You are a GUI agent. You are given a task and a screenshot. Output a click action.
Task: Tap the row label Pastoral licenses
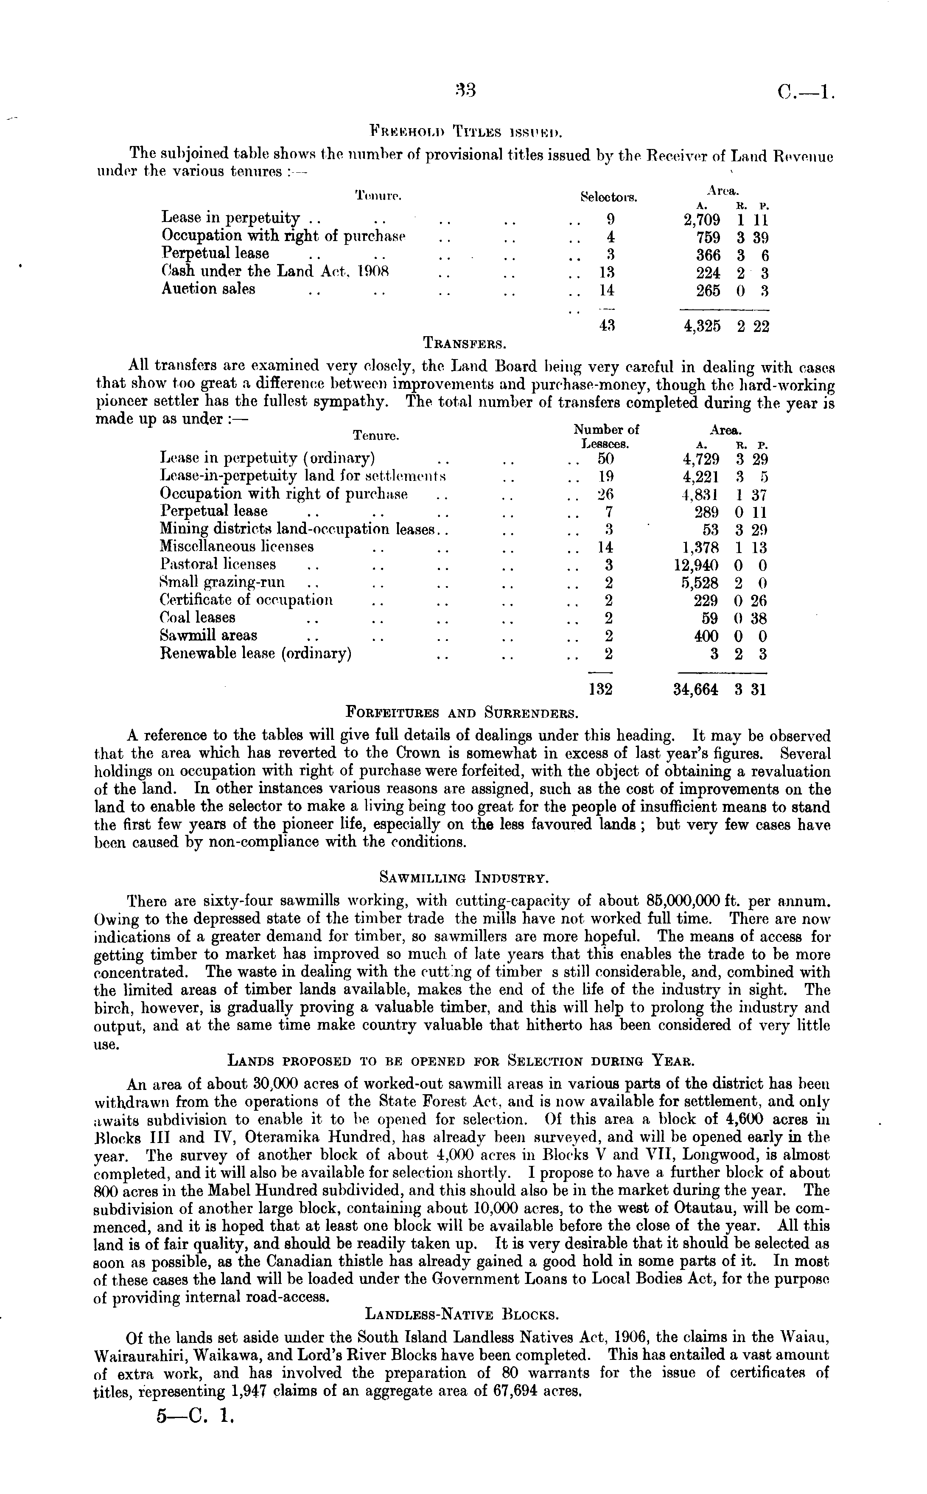point(218,564)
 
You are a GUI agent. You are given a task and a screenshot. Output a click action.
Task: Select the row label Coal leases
point(197,618)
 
